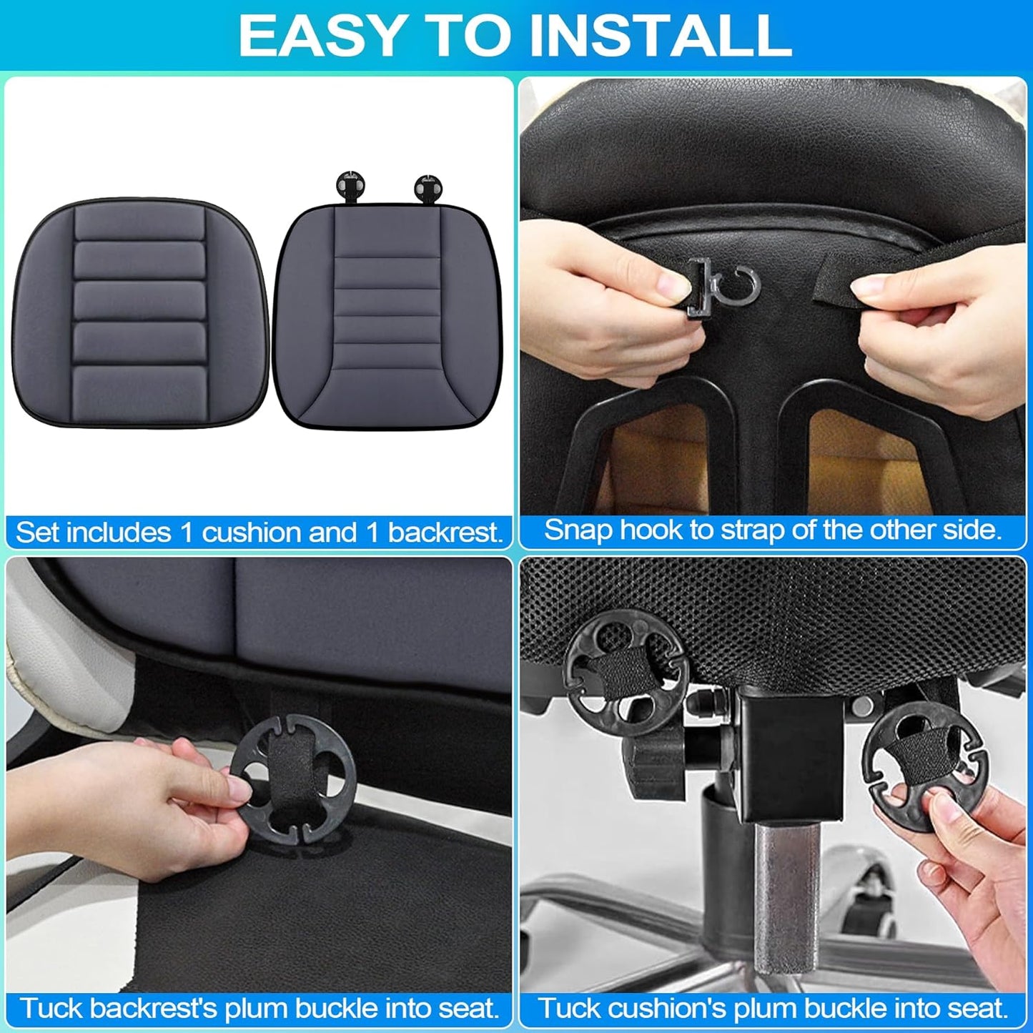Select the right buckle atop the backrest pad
(427, 188)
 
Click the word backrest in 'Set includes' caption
(445, 533)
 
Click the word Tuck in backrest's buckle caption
(46, 1008)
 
